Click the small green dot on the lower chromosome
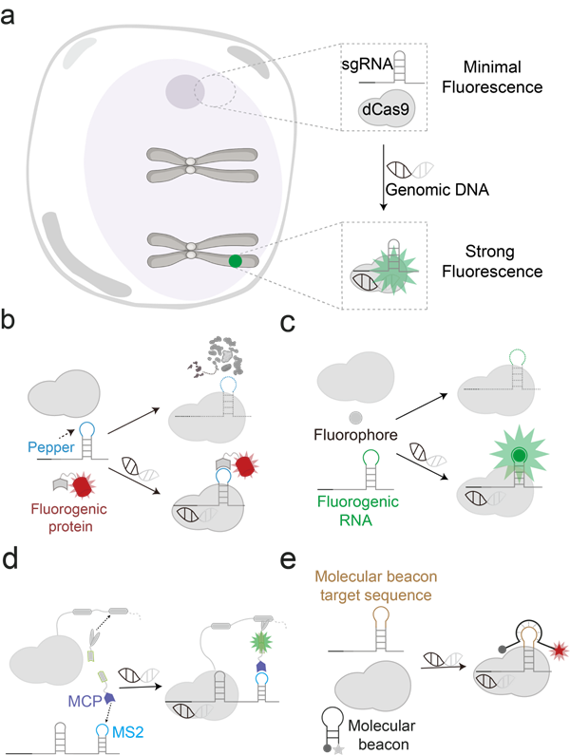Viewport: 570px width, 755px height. click(236, 259)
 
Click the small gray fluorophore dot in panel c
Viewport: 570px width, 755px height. click(355, 417)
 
